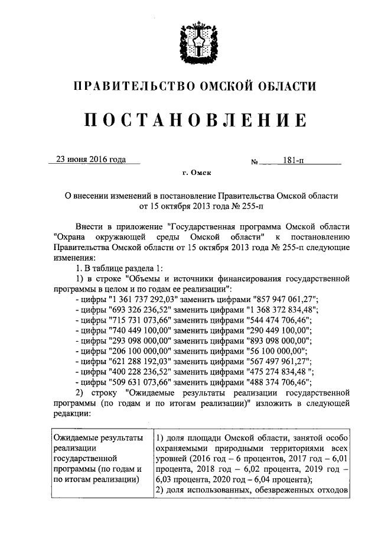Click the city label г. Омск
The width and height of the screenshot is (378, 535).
tap(195, 173)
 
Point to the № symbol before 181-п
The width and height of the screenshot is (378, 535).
tap(255, 161)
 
